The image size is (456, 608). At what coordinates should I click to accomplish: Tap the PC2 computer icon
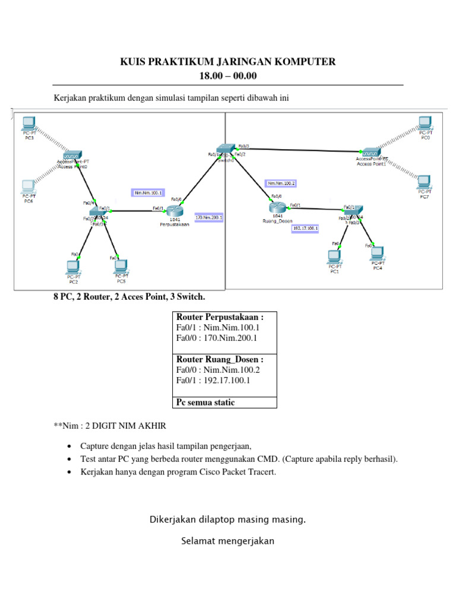point(73,267)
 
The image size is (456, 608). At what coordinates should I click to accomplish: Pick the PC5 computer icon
point(121,265)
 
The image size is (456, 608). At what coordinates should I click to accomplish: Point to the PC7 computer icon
point(423,181)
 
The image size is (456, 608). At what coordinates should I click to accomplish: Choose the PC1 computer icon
point(334,256)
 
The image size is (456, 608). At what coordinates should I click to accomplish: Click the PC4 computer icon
point(377,254)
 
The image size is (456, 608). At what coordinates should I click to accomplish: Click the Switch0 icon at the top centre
point(226,150)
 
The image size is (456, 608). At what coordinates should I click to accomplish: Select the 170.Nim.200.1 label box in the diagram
point(209,217)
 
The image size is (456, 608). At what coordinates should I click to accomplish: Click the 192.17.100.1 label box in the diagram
point(306,227)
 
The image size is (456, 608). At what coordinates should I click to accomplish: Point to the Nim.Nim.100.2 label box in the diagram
point(281,183)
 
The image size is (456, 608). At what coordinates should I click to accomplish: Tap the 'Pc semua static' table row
point(205,403)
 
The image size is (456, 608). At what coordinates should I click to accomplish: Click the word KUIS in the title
point(133,62)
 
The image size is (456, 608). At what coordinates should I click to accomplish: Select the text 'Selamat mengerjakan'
point(227,541)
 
